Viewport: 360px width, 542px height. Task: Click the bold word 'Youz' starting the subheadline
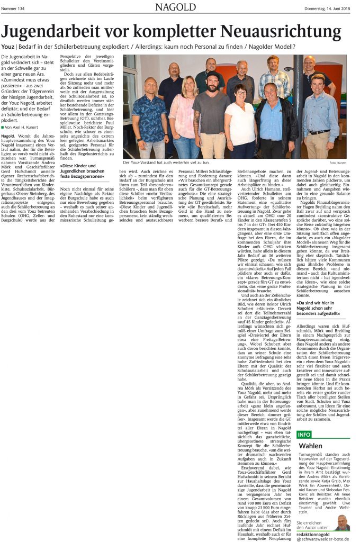8,47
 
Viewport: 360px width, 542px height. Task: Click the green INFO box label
304,435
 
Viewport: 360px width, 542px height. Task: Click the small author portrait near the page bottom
342,522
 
